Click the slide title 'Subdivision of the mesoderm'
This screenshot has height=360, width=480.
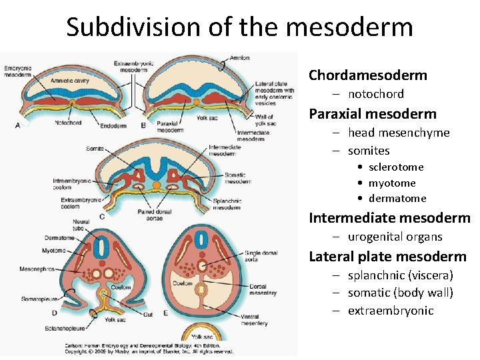coord(239,27)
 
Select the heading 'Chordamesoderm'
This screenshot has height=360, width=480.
coord(367,75)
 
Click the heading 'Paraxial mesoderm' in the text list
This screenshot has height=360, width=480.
coord(372,114)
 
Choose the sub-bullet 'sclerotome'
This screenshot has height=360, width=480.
coord(395,167)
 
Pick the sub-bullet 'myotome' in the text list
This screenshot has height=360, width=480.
coord(391,183)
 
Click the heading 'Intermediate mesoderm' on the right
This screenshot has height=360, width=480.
coord(389,218)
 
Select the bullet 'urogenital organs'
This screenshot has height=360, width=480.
coord(395,237)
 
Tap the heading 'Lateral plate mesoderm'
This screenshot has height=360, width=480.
coord(387,257)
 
